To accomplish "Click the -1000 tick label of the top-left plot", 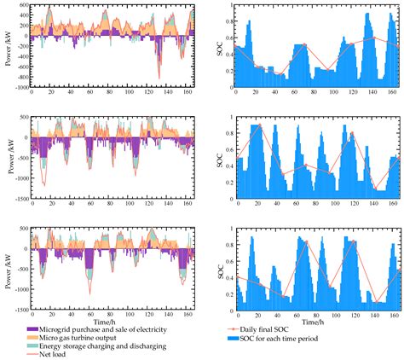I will (17, 88).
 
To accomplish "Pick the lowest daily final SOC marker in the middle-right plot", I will (376, 189).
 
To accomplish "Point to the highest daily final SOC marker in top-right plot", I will (374, 37).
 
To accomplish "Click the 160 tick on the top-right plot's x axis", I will (392, 95).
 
